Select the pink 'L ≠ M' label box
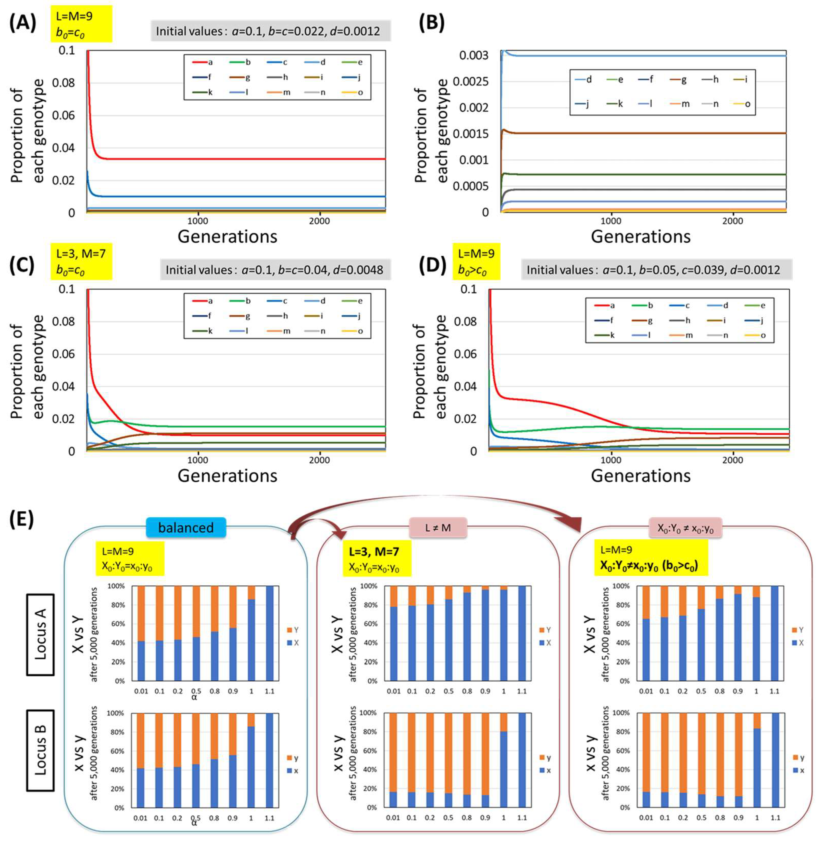pyautogui.click(x=438, y=527)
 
